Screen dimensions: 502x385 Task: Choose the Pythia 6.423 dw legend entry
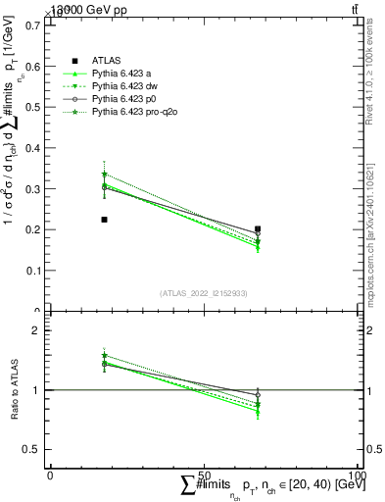(x=125, y=86)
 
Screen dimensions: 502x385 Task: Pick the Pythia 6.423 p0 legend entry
(x=124, y=100)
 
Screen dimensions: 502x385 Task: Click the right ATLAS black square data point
(x=258, y=229)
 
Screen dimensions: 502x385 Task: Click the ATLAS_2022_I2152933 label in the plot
(x=203, y=293)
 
